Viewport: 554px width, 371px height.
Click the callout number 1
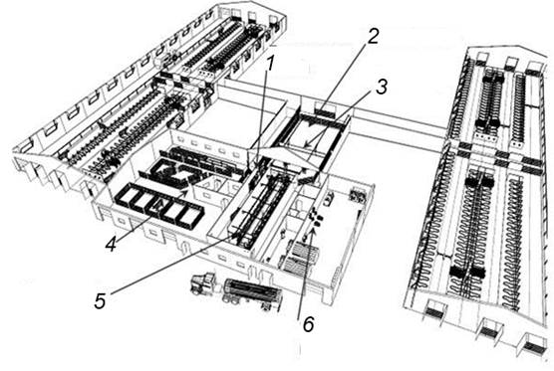(270, 64)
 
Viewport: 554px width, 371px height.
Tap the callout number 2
(373, 37)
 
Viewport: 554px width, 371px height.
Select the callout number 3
(382, 87)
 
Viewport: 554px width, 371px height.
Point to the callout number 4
(111, 244)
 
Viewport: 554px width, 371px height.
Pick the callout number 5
(100, 300)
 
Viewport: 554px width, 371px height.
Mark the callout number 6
(308, 324)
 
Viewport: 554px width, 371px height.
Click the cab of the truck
(202, 282)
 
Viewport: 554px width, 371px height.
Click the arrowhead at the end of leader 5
(235, 235)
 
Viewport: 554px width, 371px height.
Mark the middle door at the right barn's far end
(510, 63)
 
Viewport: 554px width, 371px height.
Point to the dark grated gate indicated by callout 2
(325, 112)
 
